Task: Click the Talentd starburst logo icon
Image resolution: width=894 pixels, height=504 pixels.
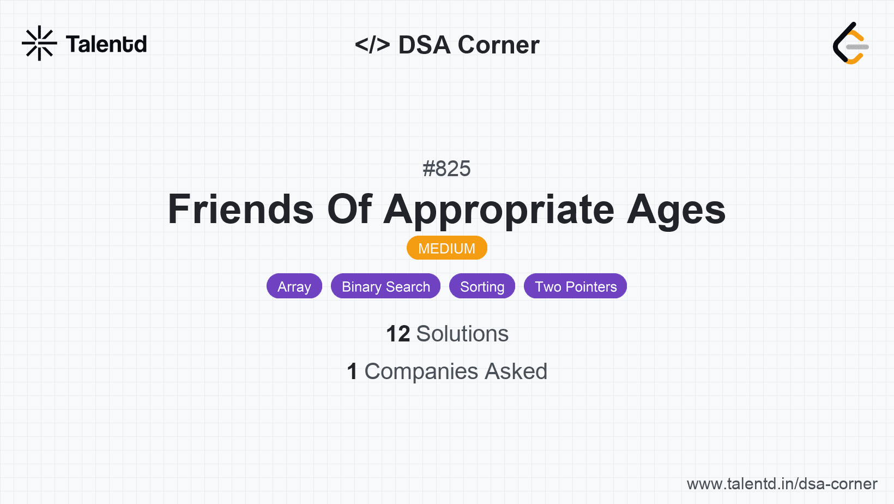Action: coord(39,43)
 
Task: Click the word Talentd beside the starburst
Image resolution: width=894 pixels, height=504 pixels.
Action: coord(106,44)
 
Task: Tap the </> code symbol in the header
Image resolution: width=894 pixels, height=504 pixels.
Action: coord(372,44)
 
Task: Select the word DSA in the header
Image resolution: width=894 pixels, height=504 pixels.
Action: coord(424,44)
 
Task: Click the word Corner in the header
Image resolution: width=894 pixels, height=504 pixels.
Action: coord(498,44)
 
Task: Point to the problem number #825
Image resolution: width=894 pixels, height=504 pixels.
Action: coord(446,169)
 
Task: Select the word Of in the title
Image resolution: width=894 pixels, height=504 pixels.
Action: coord(349,209)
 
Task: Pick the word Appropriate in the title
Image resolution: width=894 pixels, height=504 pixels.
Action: coord(499,211)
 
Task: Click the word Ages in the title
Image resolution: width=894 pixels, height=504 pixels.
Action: coord(676,211)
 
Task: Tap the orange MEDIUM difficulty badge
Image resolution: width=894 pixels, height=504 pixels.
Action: coord(447,248)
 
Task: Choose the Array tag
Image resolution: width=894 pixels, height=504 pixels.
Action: coord(294,286)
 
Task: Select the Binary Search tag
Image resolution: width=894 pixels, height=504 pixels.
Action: coord(385,286)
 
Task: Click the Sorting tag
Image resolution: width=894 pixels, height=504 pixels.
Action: coord(482,286)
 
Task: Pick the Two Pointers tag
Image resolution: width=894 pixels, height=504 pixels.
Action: coord(576,286)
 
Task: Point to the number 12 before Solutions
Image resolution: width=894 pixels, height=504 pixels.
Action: coord(398,333)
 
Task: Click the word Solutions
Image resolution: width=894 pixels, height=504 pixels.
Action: coord(462,333)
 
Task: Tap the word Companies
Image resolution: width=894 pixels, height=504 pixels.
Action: coord(421,372)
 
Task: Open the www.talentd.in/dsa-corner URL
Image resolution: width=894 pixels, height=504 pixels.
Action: coord(782,484)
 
